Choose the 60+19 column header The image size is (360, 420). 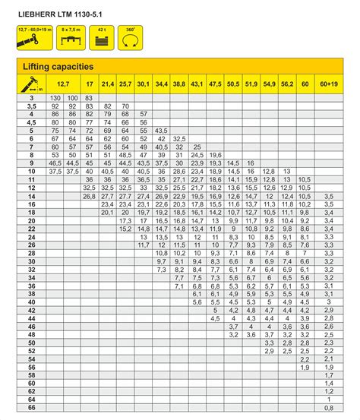tap(328, 84)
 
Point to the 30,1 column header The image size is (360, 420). tap(143, 84)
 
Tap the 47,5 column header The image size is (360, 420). tap(215, 84)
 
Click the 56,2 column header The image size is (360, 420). tap(286, 84)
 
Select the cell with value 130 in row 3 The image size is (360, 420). tap(55, 98)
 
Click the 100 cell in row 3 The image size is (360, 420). tap(72, 98)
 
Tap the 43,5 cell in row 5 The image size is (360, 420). tap(161, 131)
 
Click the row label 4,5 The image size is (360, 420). tap(32, 122)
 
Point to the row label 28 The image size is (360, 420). tap(32, 253)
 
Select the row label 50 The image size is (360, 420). tap(32, 343)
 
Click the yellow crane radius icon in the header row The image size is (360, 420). tap(32, 84)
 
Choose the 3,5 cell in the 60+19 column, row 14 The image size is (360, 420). tap(328, 196)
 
